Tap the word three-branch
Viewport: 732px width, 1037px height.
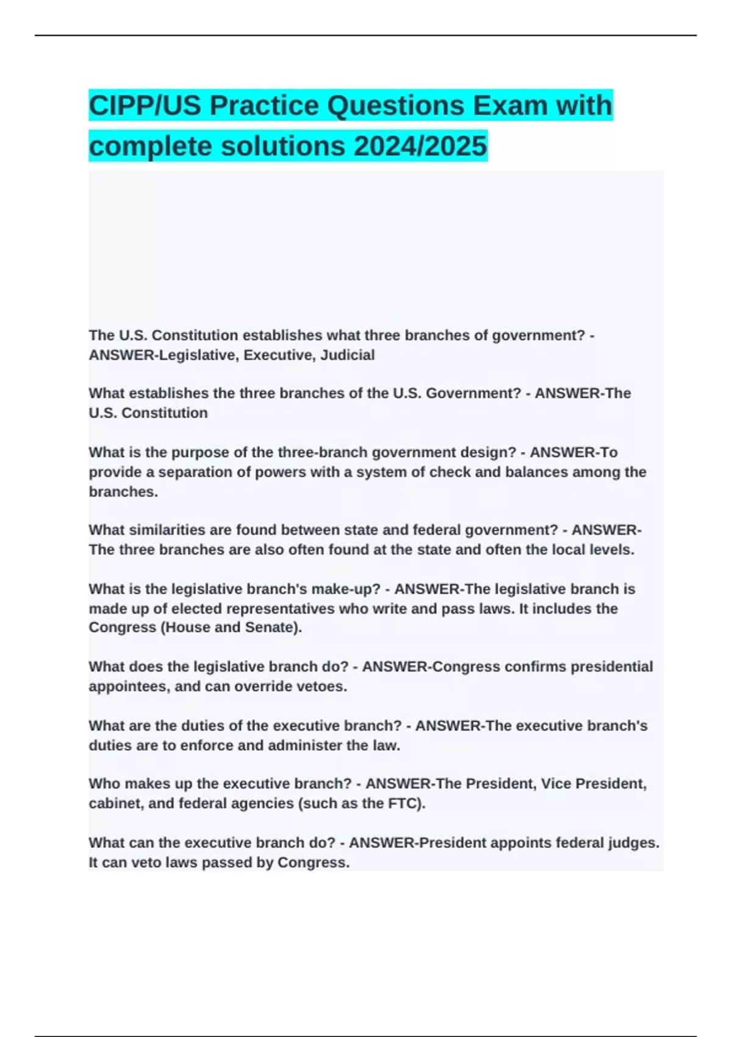322,453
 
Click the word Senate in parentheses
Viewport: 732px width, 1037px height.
271,628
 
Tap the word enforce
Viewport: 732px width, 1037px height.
207,745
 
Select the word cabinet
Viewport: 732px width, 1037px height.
114,803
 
